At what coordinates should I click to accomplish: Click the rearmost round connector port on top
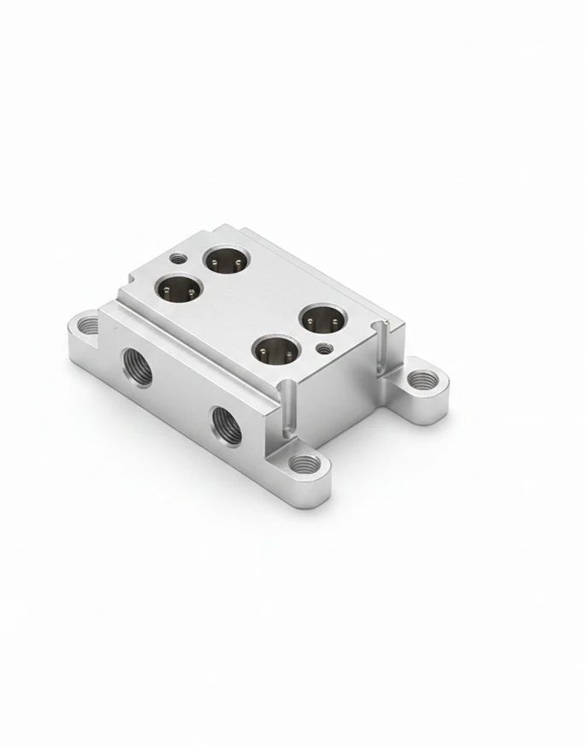click(x=225, y=259)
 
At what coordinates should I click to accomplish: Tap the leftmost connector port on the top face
click(x=178, y=290)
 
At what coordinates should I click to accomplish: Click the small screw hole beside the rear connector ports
click(x=178, y=258)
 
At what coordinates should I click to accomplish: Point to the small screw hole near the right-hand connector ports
click(x=324, y=349)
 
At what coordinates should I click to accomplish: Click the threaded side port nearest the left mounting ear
click(x=137, y=366)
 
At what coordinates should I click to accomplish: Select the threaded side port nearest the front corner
click(x=227, y=425)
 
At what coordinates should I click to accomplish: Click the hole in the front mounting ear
click(x=304, y=465)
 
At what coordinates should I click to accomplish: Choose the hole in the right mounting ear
click(x=418, y=379)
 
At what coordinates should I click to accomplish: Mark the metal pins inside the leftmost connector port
click(x=178, y=293)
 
